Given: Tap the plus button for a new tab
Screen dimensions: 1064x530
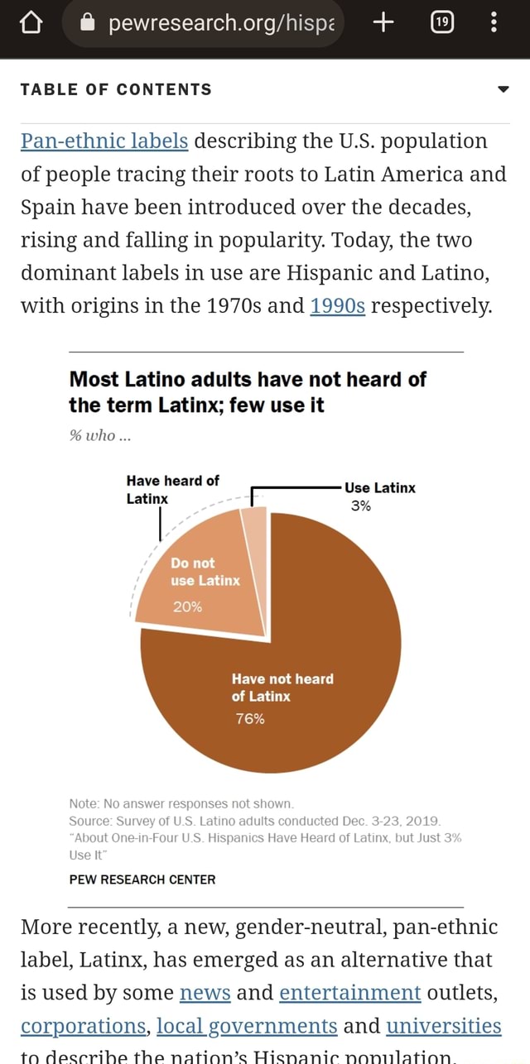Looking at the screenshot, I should pos(383,23).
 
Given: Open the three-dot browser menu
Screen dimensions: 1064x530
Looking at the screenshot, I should pos(494,23).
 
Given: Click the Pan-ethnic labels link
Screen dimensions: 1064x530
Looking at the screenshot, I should pos(104,141).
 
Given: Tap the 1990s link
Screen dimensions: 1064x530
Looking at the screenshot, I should pos(337,307).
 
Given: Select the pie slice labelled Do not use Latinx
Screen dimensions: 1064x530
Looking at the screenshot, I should pos(199,579).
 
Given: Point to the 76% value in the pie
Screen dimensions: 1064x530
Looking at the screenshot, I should pos(249,718).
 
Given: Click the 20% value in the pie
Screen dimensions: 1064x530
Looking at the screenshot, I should pos(187,606).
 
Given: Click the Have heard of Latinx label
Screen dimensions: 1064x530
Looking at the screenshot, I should pos(172,489).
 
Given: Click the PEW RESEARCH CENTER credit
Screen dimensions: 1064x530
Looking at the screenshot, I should pos(142,879).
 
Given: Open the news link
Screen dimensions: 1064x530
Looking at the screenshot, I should pos(205,993).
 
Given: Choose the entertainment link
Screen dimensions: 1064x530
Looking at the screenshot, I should pos(350,993).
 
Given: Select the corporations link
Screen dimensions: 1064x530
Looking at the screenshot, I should pos(84,1026).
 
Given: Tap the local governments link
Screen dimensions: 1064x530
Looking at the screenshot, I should pos(247,1026).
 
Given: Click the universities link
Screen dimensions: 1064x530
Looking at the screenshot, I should pos(444,1026).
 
